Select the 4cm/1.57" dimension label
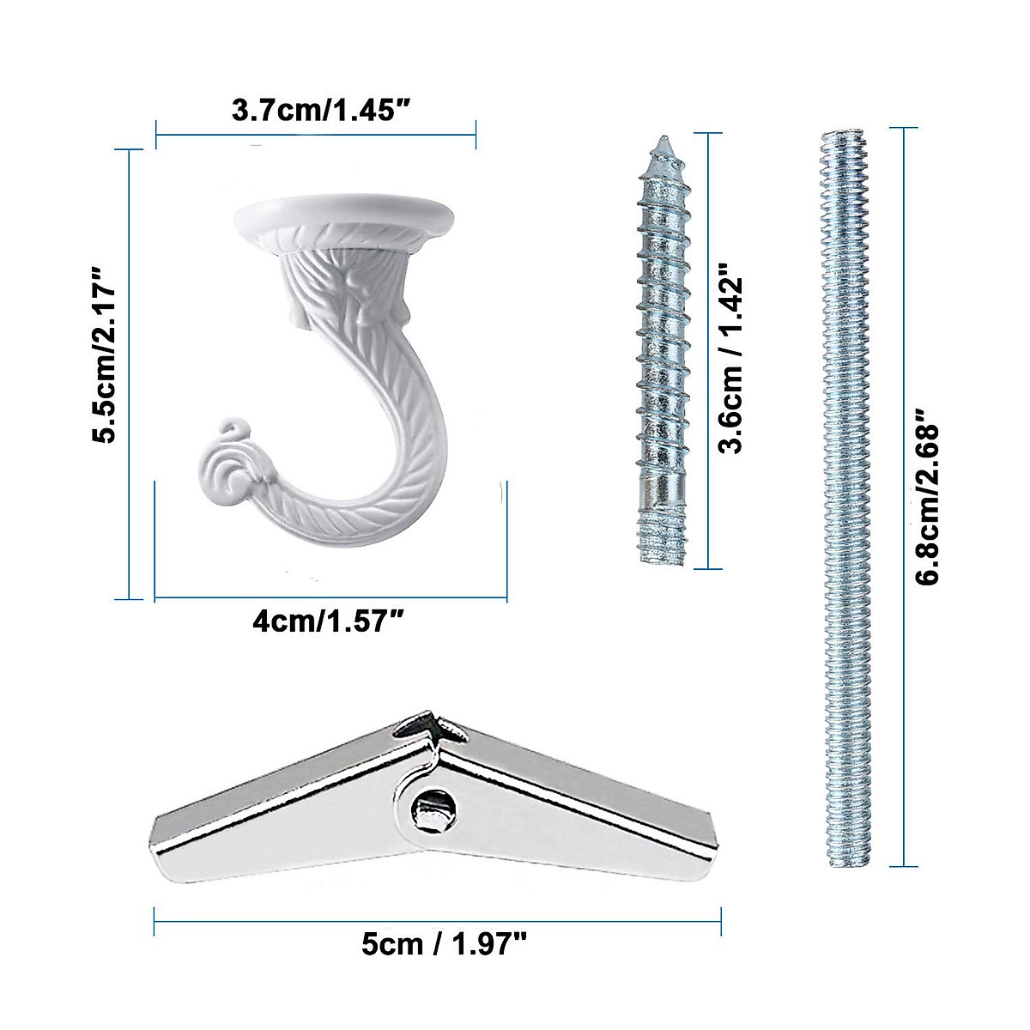329,621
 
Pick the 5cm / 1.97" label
443,945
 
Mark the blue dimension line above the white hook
316,133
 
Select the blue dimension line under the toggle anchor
438,922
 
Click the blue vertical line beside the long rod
903,496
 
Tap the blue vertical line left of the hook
129,374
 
